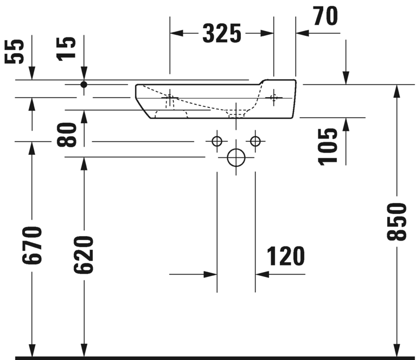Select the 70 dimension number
point(324,16)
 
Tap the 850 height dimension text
point(398,222)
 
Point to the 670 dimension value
point(32,245)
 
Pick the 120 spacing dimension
point(286,256)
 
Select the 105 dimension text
point(329,146)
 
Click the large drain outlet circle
point(236,157)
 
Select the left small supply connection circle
point(217,141)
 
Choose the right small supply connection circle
point(255,141)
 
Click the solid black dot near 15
point(84,85)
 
